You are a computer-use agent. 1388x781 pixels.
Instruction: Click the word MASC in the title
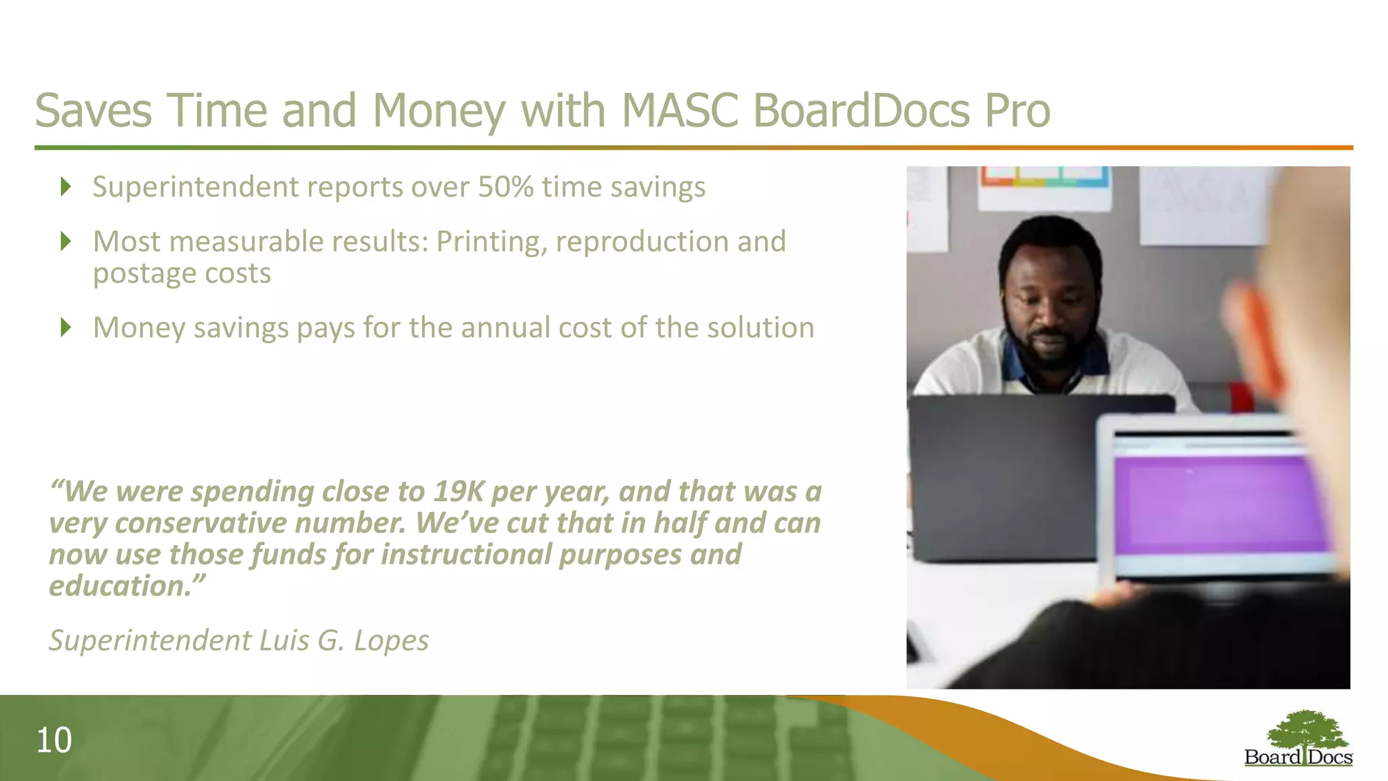679,111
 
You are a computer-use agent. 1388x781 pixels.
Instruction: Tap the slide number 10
54,740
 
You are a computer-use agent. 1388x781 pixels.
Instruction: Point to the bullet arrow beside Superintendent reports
66,186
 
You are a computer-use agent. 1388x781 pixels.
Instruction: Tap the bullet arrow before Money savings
66,327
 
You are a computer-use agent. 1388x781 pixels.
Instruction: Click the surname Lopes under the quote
391,641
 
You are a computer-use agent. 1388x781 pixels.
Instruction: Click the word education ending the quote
122,586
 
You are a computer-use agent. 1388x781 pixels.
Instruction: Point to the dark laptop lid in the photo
1003,475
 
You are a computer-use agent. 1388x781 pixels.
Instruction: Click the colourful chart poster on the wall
1044,178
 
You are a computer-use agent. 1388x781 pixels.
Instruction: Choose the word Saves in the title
93,111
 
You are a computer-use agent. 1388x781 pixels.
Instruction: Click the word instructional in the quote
466,555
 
